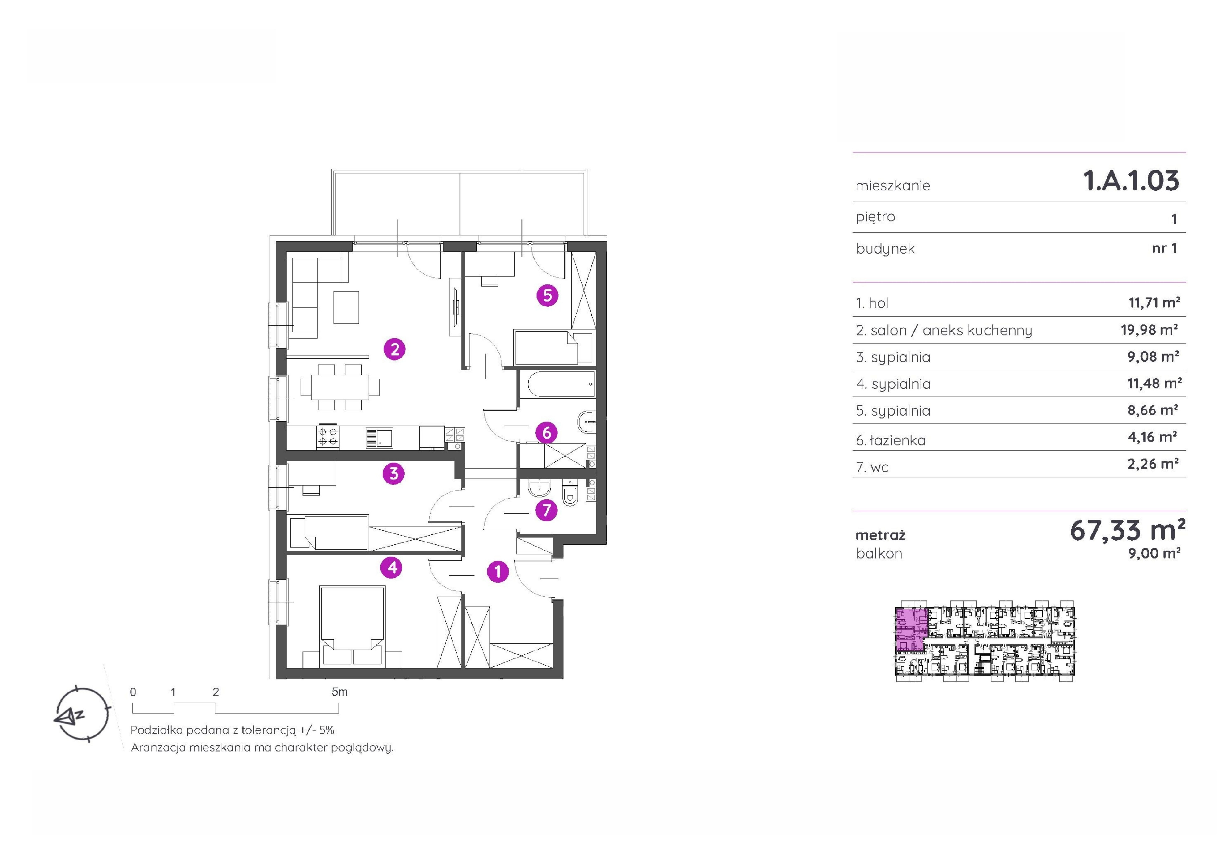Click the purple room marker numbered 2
[394, 349]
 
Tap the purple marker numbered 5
[547, 295]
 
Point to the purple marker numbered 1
[498, 572]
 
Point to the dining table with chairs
[340, 387]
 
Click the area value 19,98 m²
[1149, 330]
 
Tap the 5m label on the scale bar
[339, 692]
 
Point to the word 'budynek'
[885, 249]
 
